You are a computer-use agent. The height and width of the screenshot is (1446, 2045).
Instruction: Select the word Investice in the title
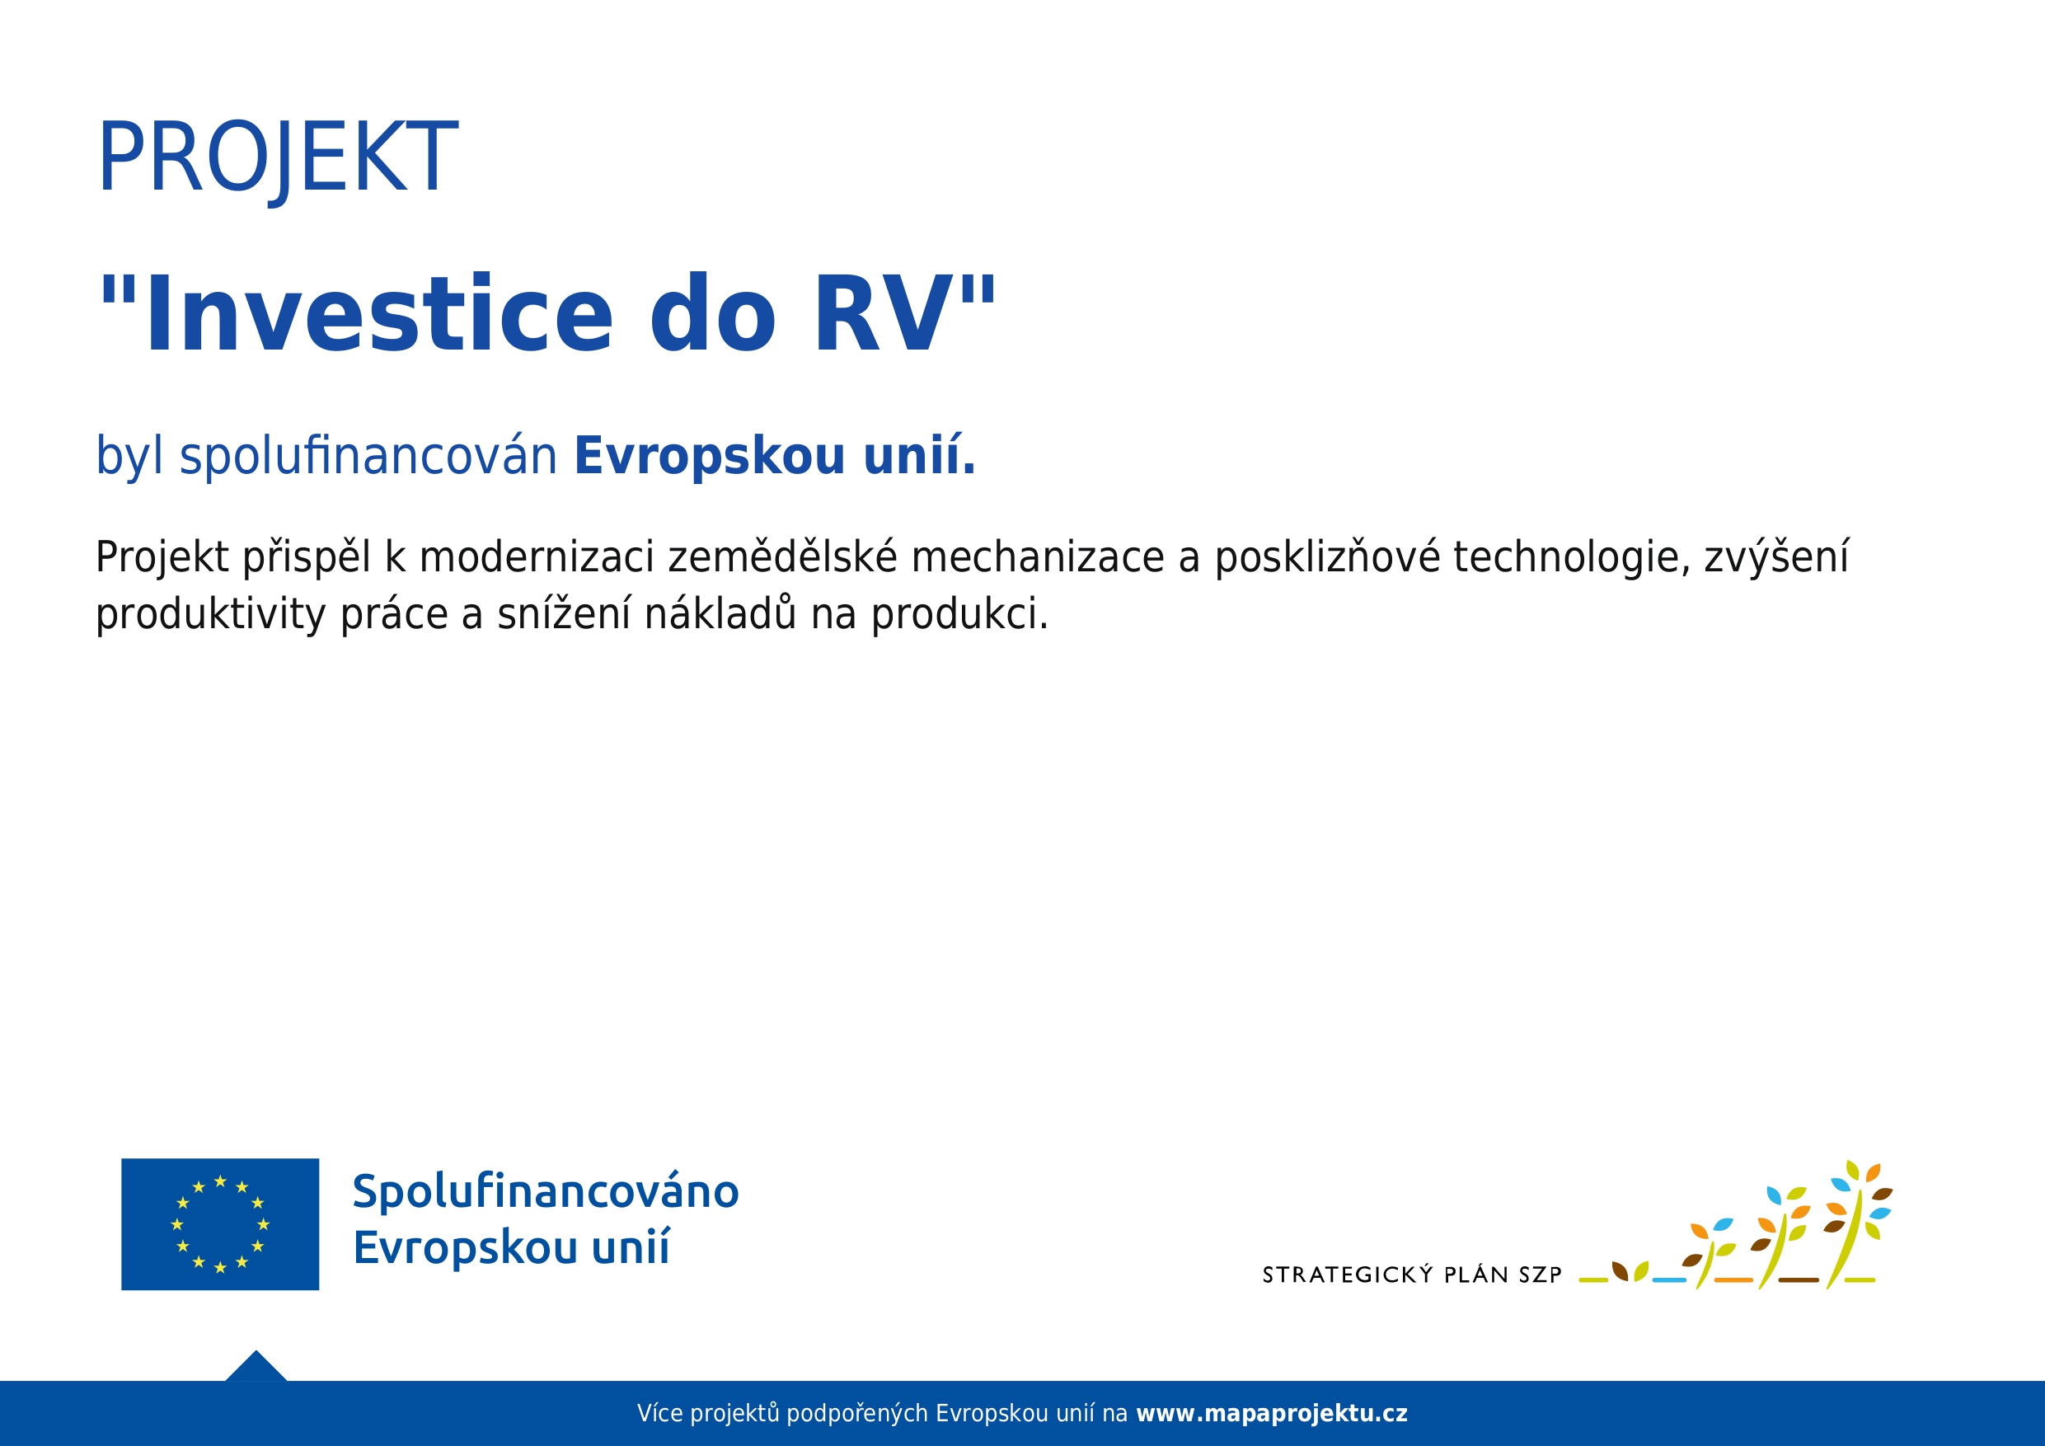pyautogui.click(x=379, y=313)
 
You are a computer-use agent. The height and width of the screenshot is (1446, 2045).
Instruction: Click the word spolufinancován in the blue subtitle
pyautogui.click(x=368, y=456)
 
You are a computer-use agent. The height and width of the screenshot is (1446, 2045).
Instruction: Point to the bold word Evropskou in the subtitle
pyautogui.click(x=710, y=456)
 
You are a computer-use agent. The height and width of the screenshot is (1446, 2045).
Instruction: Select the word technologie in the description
pyautogui.click(x=1571, y=559)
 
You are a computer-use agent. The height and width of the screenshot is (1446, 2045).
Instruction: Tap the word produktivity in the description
pyautogui.click(x=211, y=615)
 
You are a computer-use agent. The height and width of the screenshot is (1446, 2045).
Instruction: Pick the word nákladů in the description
pyautogui.click(x=720, y=613)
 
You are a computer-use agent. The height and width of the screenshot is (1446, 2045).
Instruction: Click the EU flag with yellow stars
pyautogui.click(x=220, y=1224)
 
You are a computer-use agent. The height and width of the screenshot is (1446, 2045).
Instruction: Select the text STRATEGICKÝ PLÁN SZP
pyautogui.click(x=1412, y=1275)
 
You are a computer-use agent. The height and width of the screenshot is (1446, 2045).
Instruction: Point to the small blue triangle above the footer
pyautogui.click(x=256, y=1368)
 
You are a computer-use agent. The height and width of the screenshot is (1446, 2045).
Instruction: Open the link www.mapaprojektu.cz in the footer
pyautogui.click(x=1272, y=1414)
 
